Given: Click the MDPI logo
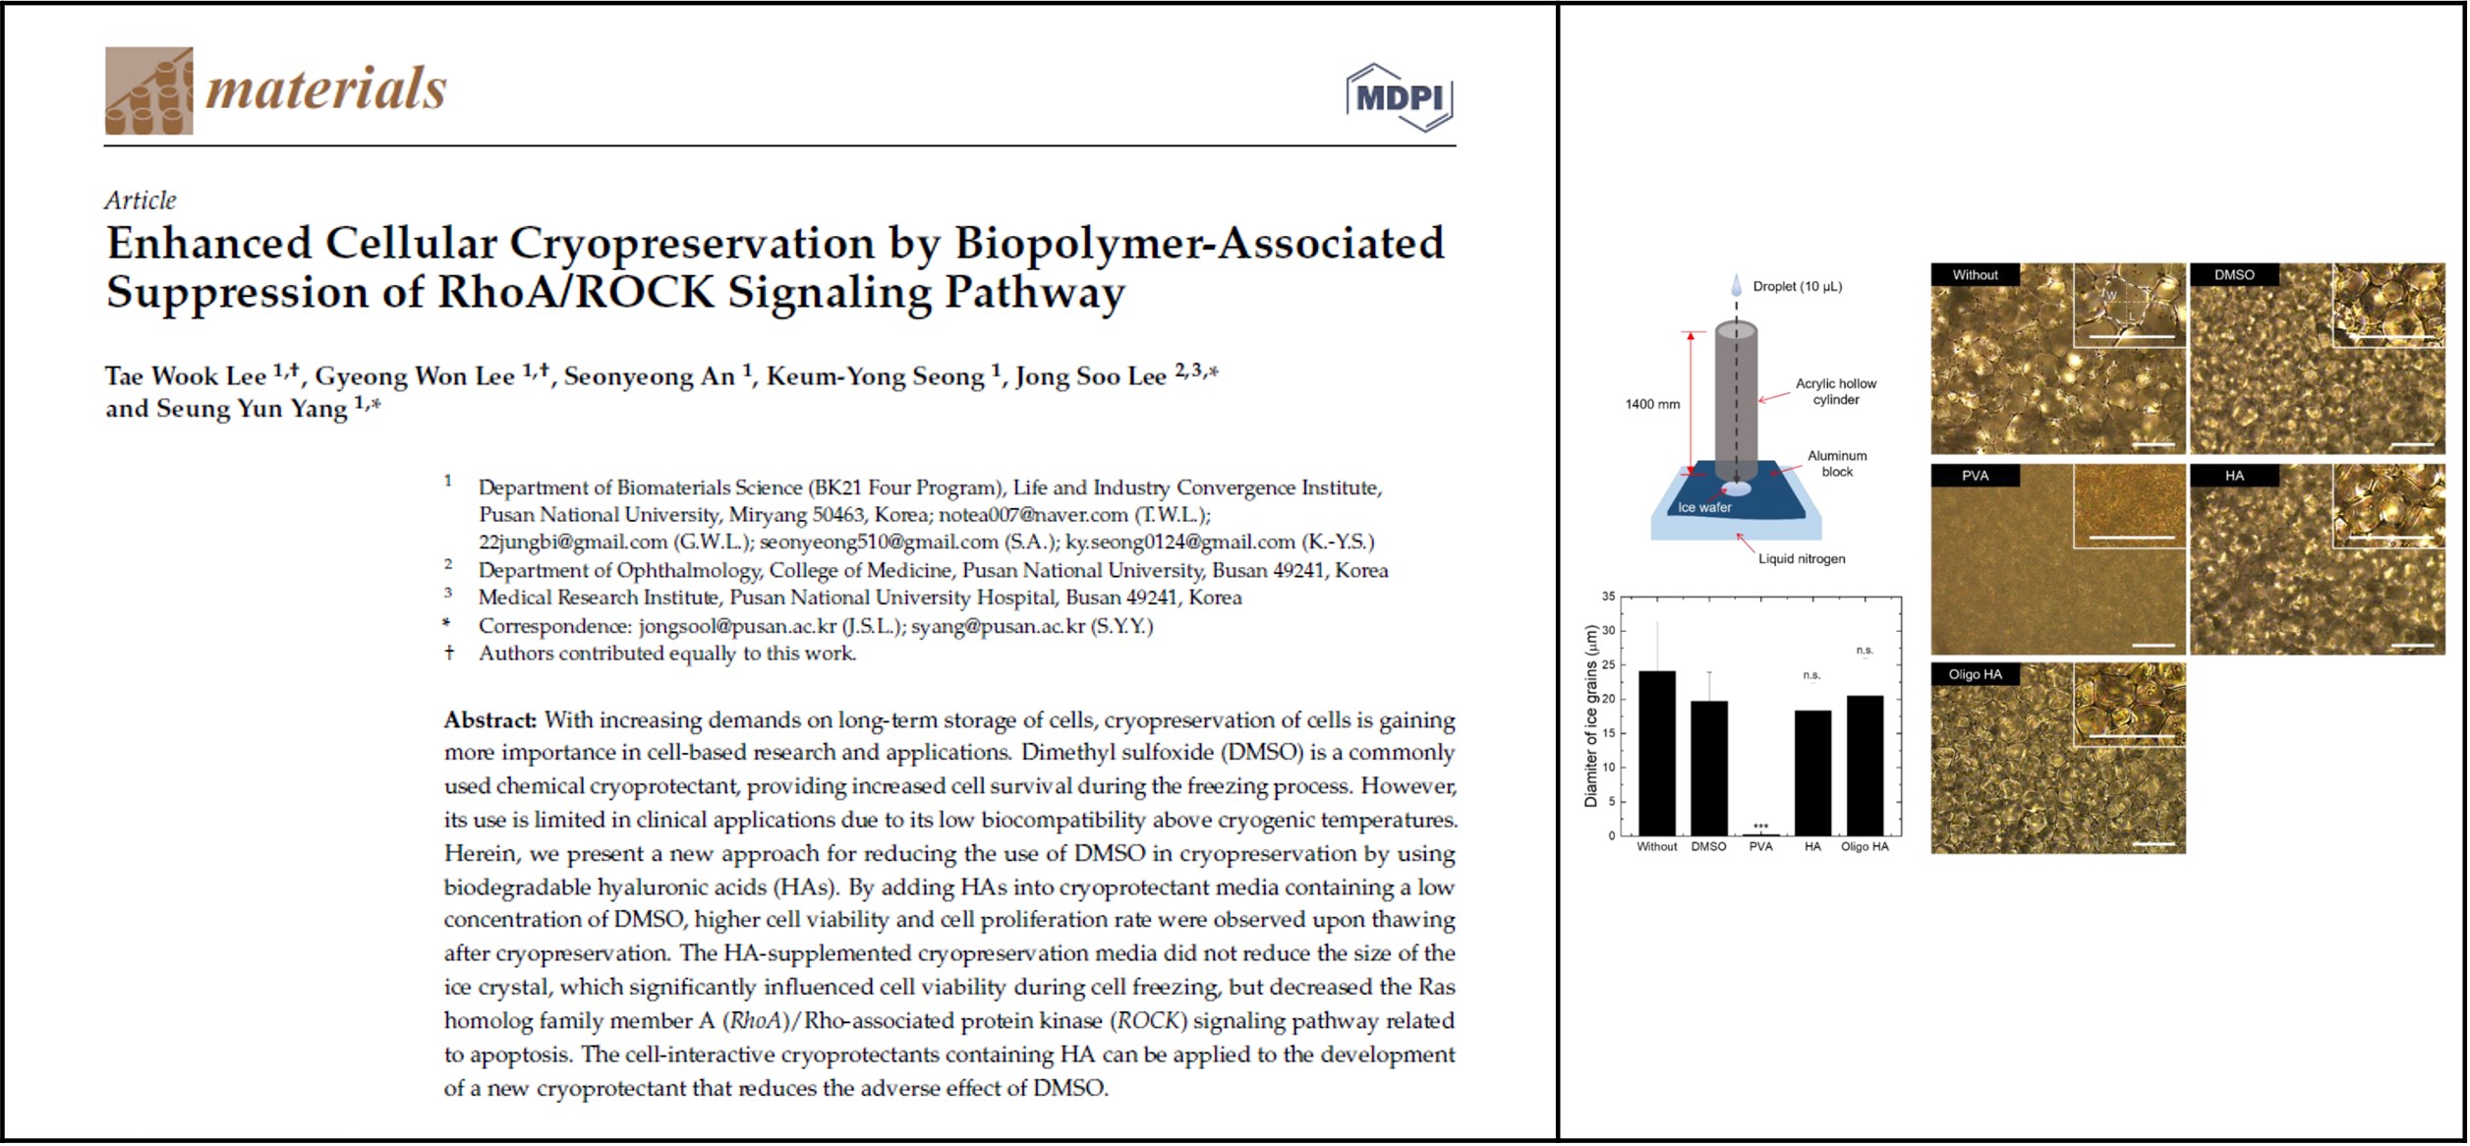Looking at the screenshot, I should (x=1399, y=97).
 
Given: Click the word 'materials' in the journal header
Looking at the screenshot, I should (x=325, y=89).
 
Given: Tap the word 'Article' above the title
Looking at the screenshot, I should (x=141, y=201).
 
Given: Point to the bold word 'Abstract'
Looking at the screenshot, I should (x=489, y=720).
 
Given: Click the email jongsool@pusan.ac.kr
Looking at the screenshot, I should (x=737, y=626).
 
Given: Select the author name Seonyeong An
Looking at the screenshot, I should (x=649, y=376).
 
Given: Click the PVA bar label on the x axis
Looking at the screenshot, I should (x=1760, y=847).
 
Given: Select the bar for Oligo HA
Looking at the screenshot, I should (x=1865, y=766).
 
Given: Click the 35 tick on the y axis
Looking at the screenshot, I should (x=1608, y=597).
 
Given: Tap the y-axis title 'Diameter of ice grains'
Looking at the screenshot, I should (x=1590, y=717).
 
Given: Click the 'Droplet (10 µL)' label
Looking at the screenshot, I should (x=1797, y=287).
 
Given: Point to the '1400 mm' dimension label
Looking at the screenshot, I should (x=1652, y=405).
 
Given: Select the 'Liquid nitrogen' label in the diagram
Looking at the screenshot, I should (x=1802, y=559).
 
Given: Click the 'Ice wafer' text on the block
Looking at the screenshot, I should (x=1704, y=508).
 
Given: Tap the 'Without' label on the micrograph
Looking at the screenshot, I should (x=1975, y=275).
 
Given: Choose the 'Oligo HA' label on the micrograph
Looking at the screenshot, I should (x=1976, y=675).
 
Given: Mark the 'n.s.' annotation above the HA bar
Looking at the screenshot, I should (x=1811, y=676).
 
